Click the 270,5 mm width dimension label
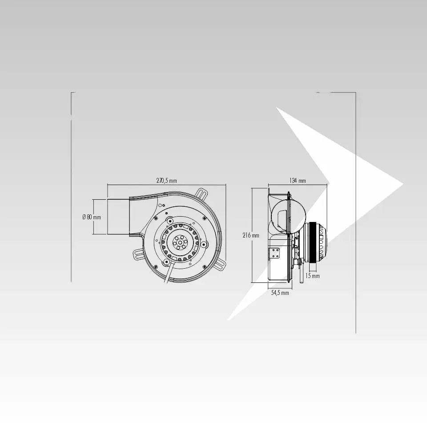pyautogui.click(x=166, y=181)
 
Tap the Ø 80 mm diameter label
pyautogui.click(x=92, y=217)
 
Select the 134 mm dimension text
pyautogui.click(x=298, y=181)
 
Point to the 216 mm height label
pyautogui.click(x=251, y=235)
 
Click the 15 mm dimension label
pyautogui.click(x=312, y=276)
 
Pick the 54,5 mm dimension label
pyautogui.click(x=280, y=293)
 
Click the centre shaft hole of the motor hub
pyautogui.click(x=179, y=242)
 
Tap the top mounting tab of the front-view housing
pyautogui.click(x=202, y=194)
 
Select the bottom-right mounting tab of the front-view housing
pyautogui.click(x=219, y=264)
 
